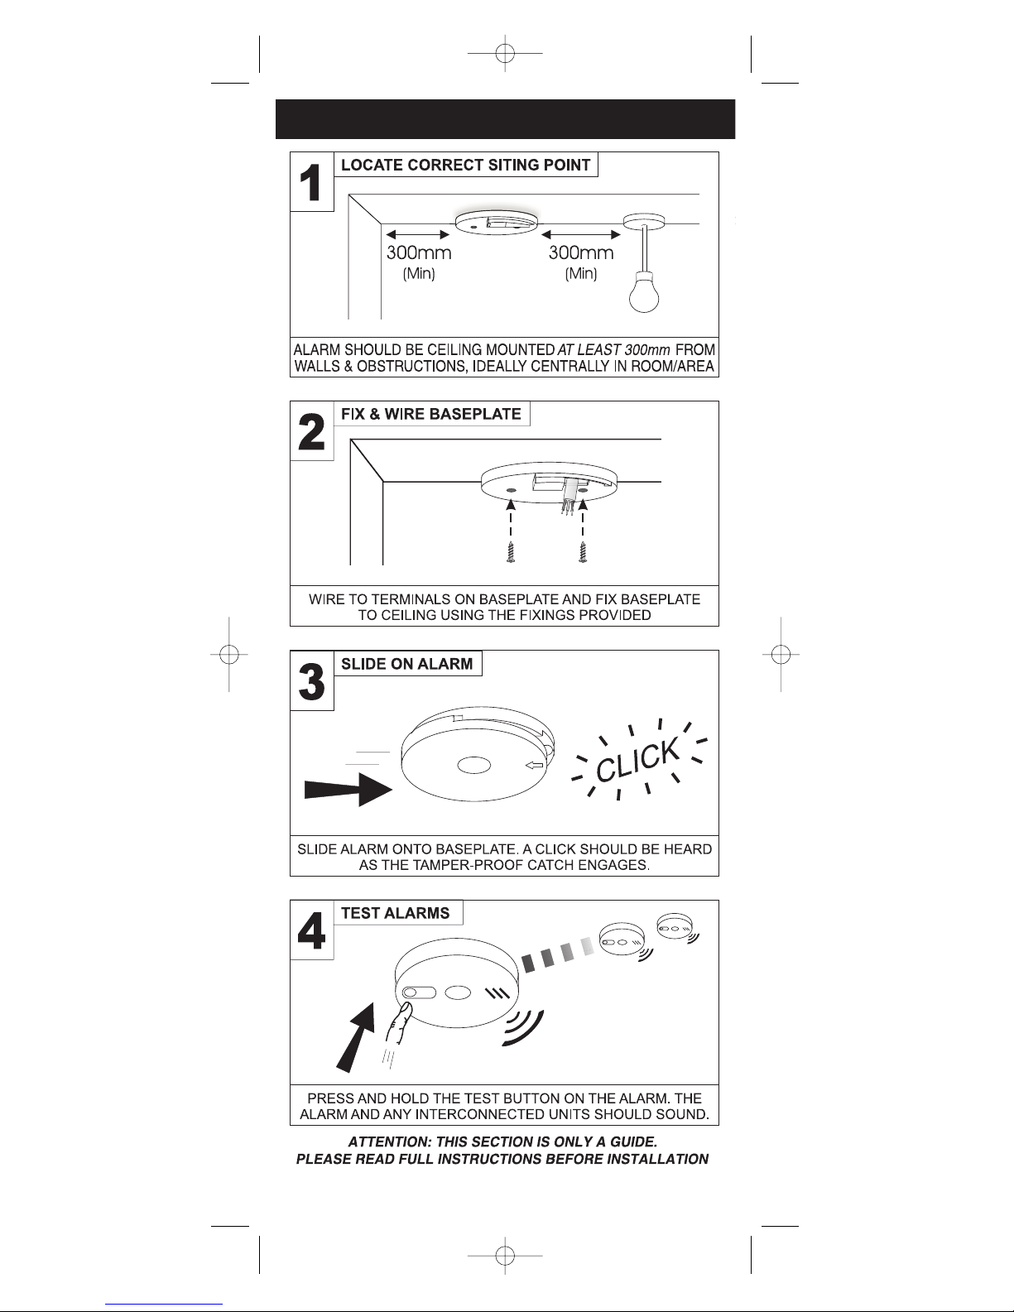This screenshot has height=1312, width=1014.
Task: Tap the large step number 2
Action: point(311,432)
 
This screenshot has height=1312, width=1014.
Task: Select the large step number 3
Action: point(311,681)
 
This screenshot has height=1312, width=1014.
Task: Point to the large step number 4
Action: point(311,930)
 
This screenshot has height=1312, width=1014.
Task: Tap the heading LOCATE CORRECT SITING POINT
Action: point(466,165)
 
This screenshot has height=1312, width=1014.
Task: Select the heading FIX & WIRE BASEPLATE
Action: point(431,414)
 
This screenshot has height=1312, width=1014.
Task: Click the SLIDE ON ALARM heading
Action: point(407,664)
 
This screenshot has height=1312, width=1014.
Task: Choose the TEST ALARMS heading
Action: point(396,913)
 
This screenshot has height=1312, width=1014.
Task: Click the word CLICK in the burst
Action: point(638,759)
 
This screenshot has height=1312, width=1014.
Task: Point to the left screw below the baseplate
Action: point(511,552)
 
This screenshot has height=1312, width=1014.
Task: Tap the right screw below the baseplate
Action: point(584,552)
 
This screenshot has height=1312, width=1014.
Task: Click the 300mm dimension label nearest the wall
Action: point(419,252)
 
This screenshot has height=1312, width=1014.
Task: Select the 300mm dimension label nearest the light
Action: point(581,252)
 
